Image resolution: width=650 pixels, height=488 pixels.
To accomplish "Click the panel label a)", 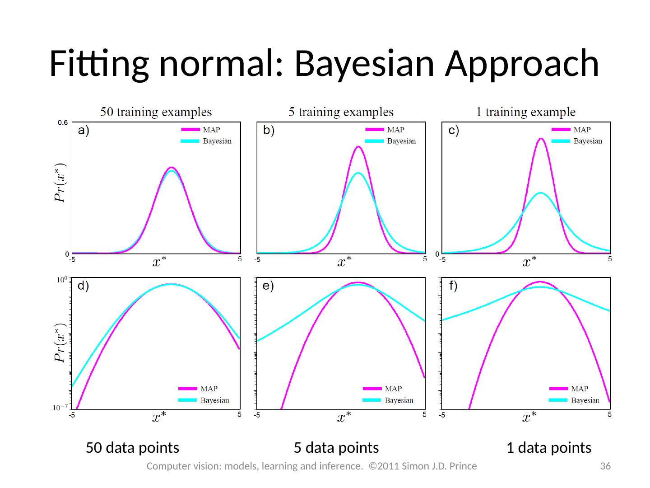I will [x=84, y=131].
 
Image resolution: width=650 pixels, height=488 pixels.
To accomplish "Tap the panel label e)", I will [x=268, y=286].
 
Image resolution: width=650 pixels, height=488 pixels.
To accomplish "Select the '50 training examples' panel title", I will [x=156, y=112].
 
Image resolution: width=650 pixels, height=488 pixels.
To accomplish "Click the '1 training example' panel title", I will [x=526, y=112].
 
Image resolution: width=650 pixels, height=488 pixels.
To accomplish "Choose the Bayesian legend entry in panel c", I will [x=577, y=141].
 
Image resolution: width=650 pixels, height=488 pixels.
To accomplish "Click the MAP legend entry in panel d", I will [x=198, y=389].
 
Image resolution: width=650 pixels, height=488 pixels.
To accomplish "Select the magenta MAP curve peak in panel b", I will [x=358, y=146].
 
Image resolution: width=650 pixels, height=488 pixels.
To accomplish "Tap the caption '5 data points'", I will [x=336, y=448].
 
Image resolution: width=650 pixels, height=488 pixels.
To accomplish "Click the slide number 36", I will [x=605, y=466].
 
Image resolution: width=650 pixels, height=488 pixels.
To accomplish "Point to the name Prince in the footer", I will [x=463, y=466].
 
